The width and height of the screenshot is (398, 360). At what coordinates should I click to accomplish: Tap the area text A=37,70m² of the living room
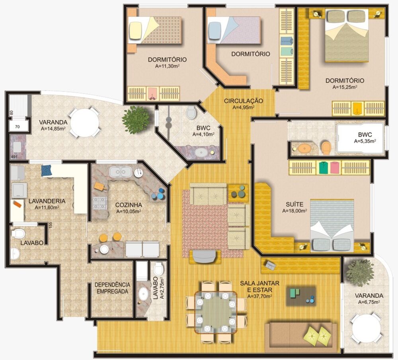coord(259,296)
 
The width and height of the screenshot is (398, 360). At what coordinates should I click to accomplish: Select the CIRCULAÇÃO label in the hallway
coord(243,101)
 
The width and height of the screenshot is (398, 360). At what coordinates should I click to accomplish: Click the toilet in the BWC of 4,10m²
coord(191,112)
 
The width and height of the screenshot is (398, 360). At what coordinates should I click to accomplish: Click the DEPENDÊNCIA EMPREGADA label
coord(112,288)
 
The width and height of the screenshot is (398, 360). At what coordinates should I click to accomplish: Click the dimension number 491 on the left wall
coord(14,158)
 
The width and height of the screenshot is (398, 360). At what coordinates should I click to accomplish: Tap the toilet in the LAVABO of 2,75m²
coord(158,269)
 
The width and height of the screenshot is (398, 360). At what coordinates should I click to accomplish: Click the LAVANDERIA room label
coord(47,201)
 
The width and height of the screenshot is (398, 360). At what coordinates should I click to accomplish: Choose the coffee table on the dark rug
coord(301,296)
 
